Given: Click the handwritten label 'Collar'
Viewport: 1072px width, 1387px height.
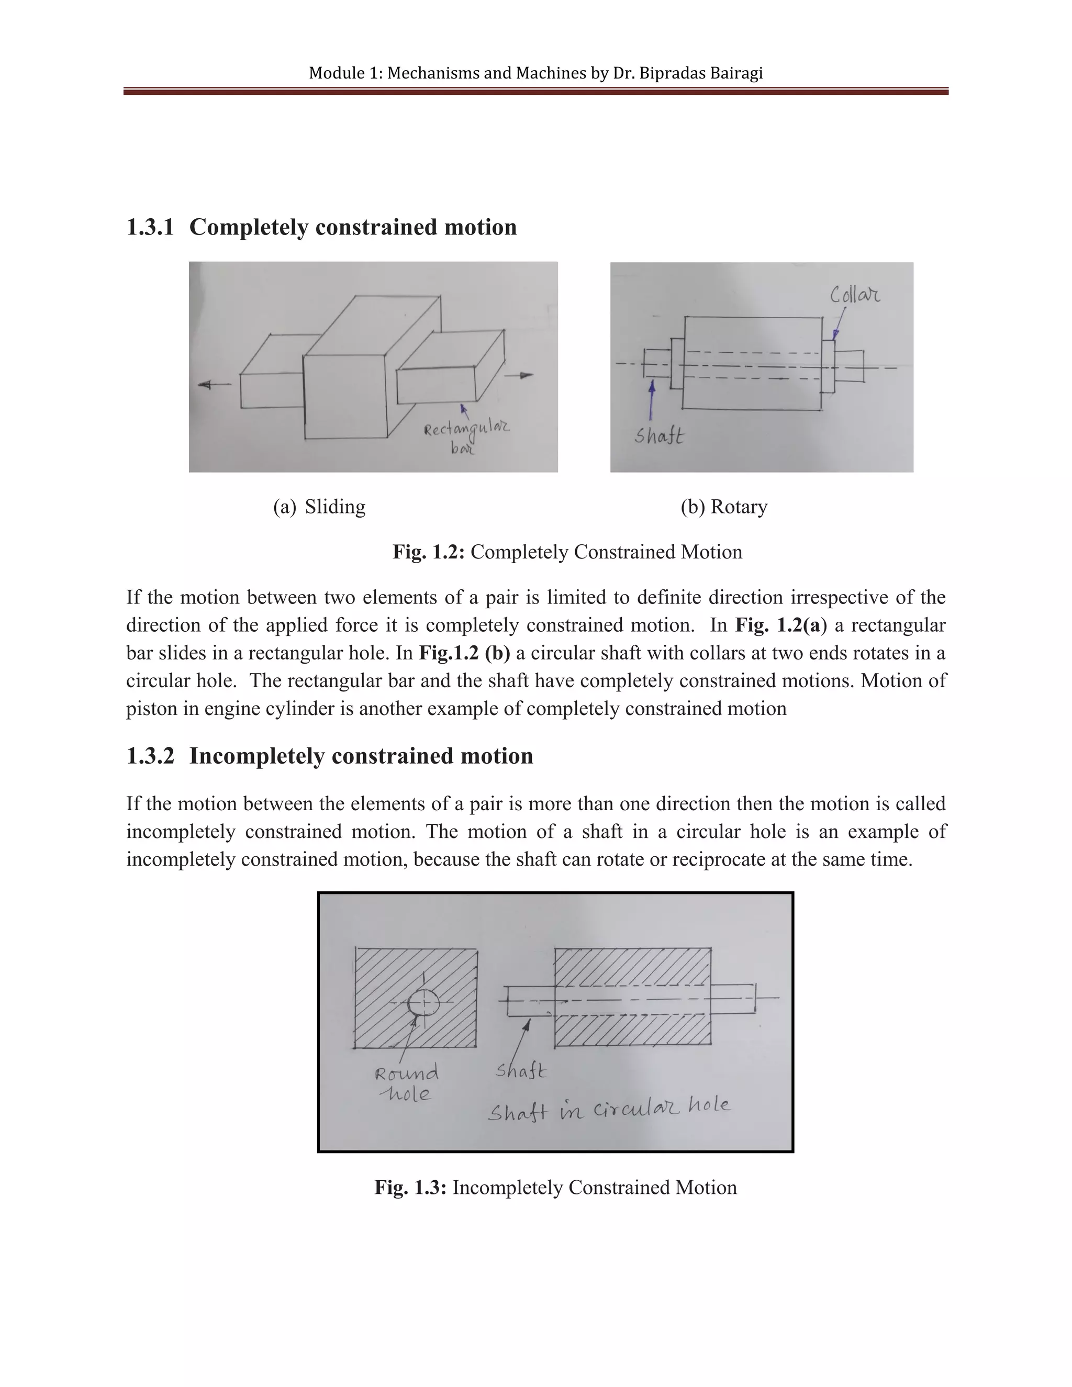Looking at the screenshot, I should [x=855, y=295].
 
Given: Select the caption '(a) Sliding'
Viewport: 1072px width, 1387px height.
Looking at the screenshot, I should [x=319, y=507].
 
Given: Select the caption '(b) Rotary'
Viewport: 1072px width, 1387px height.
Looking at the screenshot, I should [x=724, y=507].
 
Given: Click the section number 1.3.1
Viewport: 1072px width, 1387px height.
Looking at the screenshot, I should [x=150, y=227].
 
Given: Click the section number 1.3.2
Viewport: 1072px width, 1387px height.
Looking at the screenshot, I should [x=150, y=756].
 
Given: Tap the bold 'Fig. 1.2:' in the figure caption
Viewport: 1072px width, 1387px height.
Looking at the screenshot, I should [x=429, y=552].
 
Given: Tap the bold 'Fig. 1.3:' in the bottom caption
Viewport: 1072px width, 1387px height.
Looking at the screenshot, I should [x=411, y=1188].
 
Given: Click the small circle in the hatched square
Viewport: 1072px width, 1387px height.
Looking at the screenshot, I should [x=423, y=1003].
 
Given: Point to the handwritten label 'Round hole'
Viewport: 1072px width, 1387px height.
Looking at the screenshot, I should [x=406, y=1083].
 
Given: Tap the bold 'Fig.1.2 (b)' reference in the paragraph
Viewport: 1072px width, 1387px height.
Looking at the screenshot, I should [x=464, y=653].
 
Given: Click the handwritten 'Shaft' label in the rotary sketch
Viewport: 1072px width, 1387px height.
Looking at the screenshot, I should [x=659, y=437].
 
